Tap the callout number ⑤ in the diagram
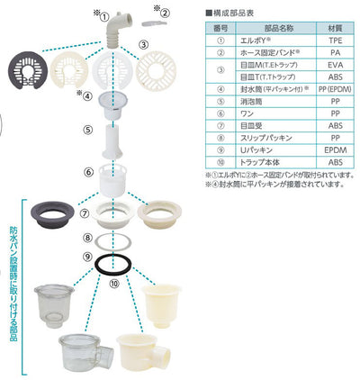click(87, 130)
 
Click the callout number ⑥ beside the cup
click(87, 171)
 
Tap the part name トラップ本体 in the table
click(262, 161)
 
